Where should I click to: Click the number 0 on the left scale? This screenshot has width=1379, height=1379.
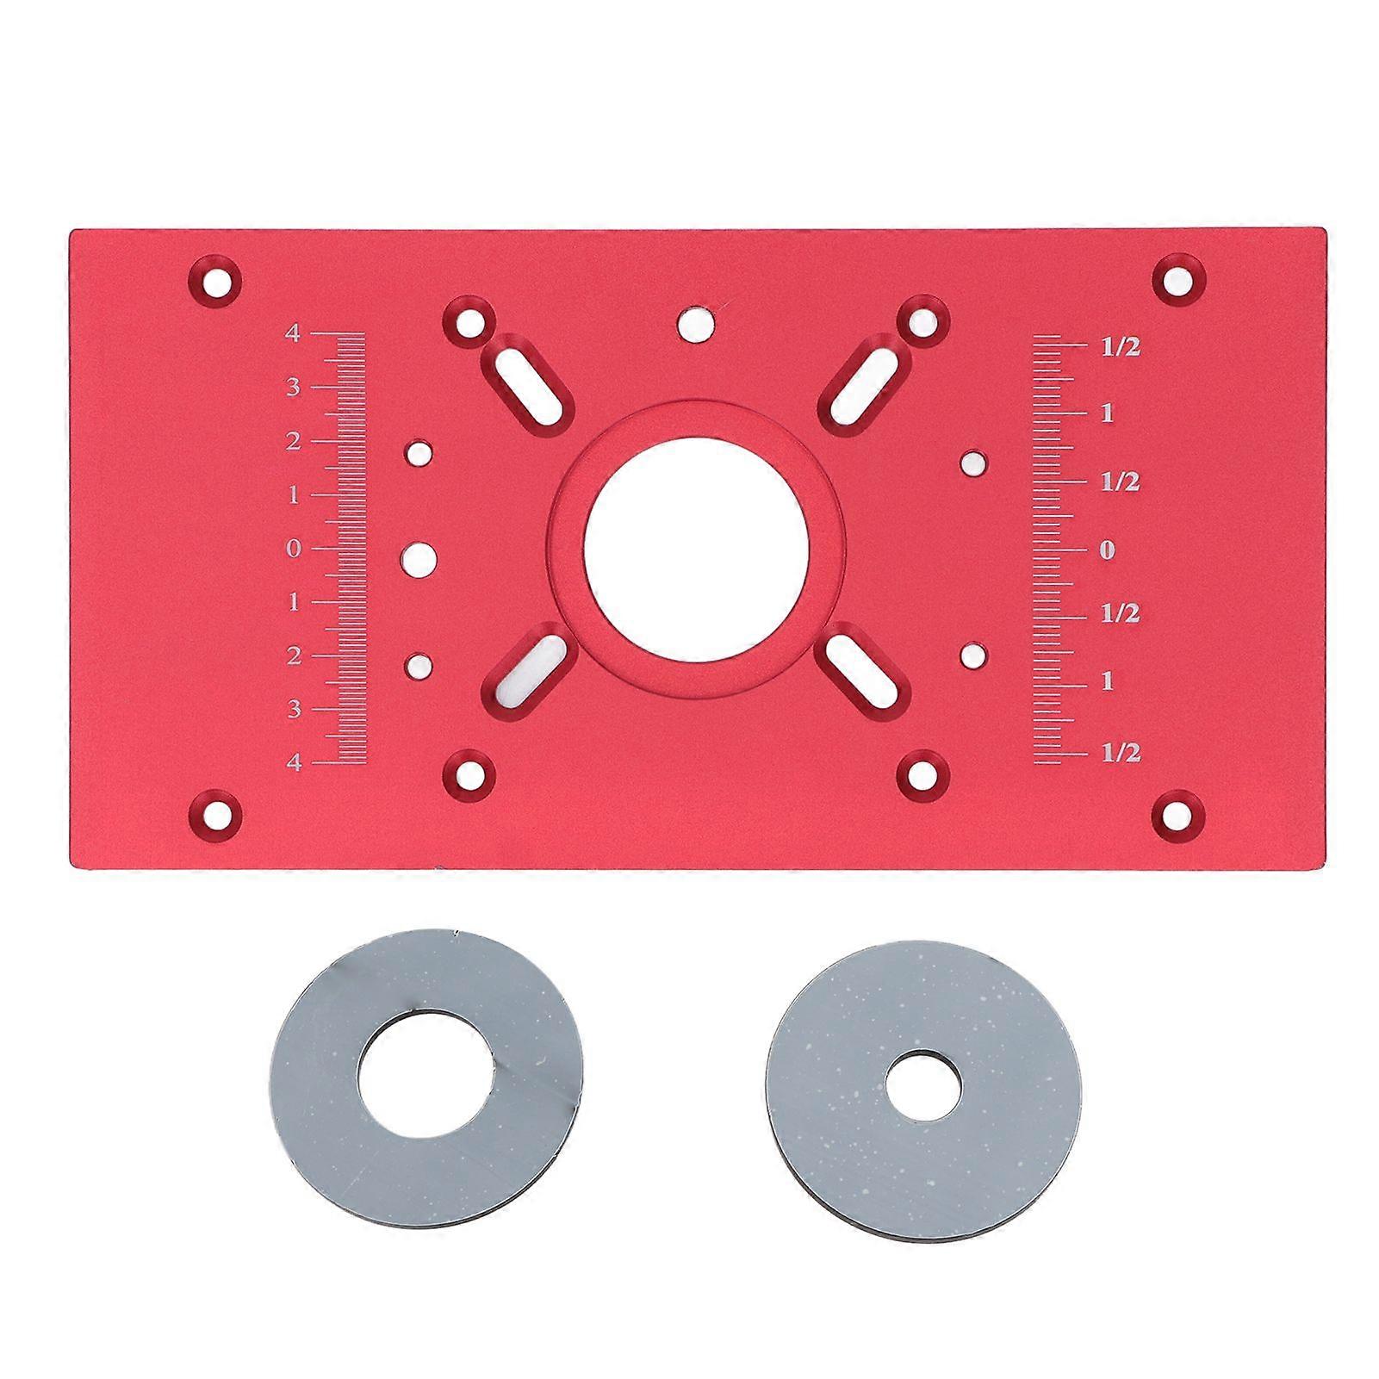[x=294, y=549]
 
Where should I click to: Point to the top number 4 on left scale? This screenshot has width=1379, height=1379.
[x=293, y=333]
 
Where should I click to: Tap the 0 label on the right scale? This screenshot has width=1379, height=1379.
[x=1107, y=550]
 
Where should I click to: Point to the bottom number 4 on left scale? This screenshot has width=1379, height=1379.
[x=294, y=763]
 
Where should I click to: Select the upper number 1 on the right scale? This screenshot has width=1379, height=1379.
[x=1107, y=414]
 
